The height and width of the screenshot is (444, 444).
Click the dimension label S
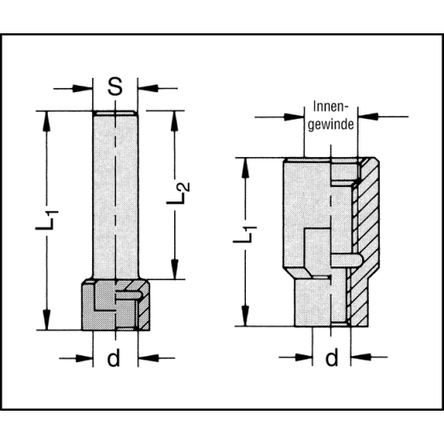[114, 86]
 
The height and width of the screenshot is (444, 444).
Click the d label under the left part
[114, 359]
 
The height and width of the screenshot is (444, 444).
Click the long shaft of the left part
[114, 196]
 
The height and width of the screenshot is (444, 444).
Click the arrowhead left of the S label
[85, 87]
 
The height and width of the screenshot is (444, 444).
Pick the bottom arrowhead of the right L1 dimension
[247, 322]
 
